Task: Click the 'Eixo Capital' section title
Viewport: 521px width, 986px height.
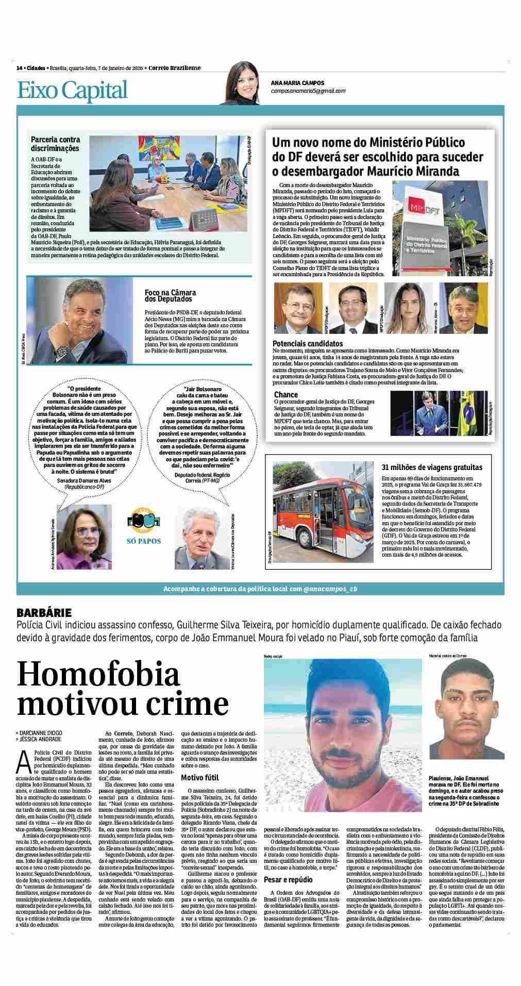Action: (x=72, y=90)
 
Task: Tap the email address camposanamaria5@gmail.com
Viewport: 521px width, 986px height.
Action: (x=308, y=91)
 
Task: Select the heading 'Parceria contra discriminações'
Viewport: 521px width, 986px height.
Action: (x=55, y=144)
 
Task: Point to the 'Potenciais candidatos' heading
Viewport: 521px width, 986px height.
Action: (x=307, y=343)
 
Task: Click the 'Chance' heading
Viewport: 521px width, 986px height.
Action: (x=285, y=395)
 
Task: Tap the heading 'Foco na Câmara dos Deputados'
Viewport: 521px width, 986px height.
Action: (x=171, y=295)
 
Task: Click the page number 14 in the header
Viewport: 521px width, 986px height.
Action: (x=19, y=68)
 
